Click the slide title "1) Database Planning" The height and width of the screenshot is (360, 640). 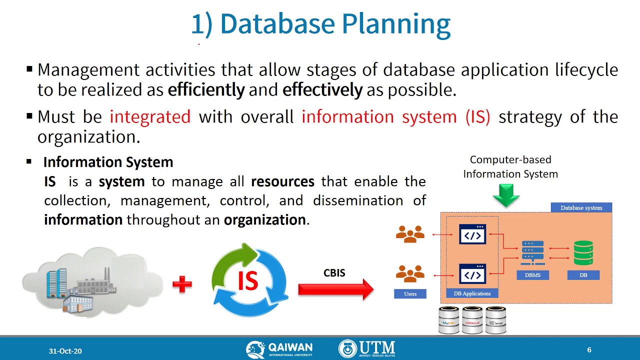(320, 24)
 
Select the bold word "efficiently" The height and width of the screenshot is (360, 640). (206, 90)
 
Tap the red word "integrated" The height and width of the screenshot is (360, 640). (150, 116)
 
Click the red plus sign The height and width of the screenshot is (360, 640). (182, 285)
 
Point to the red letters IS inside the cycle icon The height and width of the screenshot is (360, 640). (247, 281)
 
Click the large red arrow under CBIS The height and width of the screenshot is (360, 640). (335, 289)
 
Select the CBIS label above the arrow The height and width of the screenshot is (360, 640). (334, 273)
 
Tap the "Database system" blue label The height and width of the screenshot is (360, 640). (581, 207)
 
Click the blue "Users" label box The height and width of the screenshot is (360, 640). (410, 293)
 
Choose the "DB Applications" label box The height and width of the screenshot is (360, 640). (472, 293)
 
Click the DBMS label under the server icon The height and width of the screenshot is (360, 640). (532, 275)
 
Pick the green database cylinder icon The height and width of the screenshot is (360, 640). (583, 253)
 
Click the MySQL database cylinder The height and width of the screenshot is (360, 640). (448, 320)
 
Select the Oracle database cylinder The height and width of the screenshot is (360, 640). (472, 320)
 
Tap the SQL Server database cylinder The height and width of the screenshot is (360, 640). (496, 320)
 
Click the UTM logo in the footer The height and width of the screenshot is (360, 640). (367, 349)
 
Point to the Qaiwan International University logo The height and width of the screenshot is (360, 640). (279, 349)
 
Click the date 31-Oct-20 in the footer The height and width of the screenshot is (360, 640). (65, 351)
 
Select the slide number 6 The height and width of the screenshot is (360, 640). (589, 350)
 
